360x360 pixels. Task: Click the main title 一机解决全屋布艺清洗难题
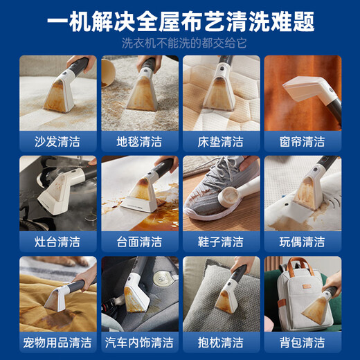click(180, 21)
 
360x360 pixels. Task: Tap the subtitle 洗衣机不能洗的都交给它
click(180, 44)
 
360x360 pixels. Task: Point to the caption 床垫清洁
click(220, 142)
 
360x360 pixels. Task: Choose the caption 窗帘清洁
click(302, 142)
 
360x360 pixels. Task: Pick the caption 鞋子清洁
click(220, 242)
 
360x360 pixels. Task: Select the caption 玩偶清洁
click(302, 242)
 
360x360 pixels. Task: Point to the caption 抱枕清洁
click(220, 343)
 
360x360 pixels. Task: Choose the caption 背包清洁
click(302, 343)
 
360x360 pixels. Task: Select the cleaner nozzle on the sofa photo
click(59, 97)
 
